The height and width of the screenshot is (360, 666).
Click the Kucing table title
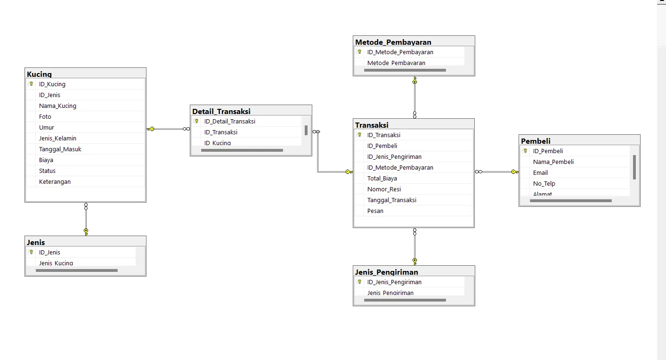click(40, 74)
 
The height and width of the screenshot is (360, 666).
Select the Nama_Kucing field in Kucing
click(57, 106)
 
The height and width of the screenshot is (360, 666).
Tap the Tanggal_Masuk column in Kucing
click(60, 149)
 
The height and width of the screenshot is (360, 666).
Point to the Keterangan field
click(55, 182)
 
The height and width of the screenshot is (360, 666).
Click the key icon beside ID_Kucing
click(32, 84)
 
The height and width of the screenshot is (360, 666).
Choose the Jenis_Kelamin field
click(57, 139)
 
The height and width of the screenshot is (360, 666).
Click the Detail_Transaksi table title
click(221, 111)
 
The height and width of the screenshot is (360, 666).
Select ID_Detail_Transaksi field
click(230, 122)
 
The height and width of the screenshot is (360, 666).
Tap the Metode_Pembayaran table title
click(393, 42)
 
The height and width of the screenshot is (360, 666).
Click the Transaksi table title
click(372, 125)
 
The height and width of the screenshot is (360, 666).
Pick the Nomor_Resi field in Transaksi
click(384, 189)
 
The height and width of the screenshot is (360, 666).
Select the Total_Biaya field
click(382, 179)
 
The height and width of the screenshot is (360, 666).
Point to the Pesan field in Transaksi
click(375, 211)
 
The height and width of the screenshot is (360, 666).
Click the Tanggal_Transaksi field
click(392, 200)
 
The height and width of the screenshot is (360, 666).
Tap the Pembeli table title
click(536, 141)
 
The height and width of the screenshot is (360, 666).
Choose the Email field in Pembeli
click(540, 173)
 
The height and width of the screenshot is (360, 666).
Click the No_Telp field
click(544, 184)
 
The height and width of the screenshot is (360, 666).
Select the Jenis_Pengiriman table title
click(387, 272)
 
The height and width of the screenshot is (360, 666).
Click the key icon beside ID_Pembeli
click(526, 151)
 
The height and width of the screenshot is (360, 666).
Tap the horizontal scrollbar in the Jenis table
click(77, 270)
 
